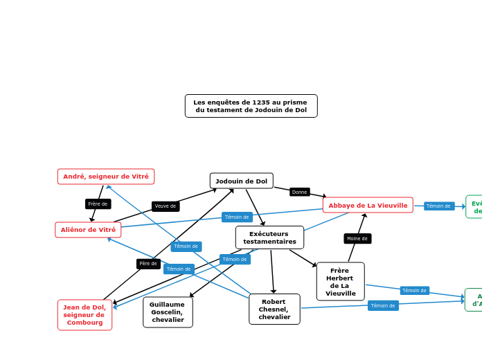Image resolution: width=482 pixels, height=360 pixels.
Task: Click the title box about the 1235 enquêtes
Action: [251, 106]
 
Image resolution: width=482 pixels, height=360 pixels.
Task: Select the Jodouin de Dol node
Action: [241, 181]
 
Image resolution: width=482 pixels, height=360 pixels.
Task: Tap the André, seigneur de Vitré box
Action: [106, 177]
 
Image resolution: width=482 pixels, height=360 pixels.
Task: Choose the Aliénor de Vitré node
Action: [88, 230]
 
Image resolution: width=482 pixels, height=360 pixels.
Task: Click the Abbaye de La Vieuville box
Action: [368, 205]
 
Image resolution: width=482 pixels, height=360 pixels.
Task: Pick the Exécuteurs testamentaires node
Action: [269, 237]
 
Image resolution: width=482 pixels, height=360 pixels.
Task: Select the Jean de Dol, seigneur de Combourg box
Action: [84, 315]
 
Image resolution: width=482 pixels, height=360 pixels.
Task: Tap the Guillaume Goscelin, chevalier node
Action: [168, 312]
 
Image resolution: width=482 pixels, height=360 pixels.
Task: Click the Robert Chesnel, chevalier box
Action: [274, 309]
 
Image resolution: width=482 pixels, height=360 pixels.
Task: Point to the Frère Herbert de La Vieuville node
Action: [340, 281]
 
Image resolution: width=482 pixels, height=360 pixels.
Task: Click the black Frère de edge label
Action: [98, 204]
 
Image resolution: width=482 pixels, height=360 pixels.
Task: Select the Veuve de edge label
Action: [166, 206]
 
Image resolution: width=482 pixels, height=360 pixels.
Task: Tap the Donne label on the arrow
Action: [299, 192]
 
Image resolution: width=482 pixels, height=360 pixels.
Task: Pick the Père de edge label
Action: [148, 263]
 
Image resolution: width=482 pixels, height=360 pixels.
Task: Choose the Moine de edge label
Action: [357, 238]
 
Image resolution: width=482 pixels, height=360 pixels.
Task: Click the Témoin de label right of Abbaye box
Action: [438, 206]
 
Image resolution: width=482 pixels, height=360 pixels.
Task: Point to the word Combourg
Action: [84, 323]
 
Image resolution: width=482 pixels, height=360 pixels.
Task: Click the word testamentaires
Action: [269, 242]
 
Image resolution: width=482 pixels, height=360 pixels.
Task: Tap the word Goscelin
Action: [168, 312]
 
